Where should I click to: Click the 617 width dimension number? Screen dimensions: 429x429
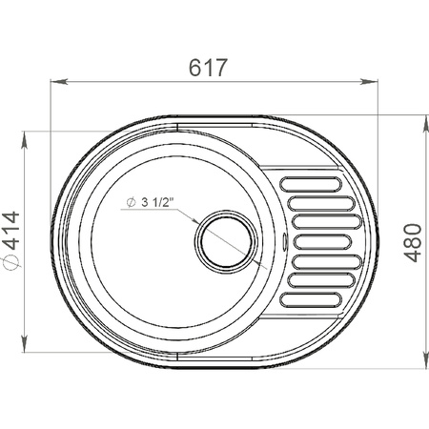pyautogui.click(x=209, y=68)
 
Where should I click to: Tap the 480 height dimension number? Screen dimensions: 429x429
pyautogui.click(x=413, y=243)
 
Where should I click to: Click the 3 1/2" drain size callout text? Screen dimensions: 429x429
pyautogui.click(x=158, y=202)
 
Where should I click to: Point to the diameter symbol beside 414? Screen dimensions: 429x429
pyautogui.click(x=10, y=261)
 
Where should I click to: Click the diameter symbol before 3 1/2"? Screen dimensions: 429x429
pyautogui.click(x=131, y=202)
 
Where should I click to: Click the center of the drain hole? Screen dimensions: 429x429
pyautogui.click(x=226, y=241)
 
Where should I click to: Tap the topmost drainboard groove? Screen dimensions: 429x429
pyautogui.click(x=311, y=184)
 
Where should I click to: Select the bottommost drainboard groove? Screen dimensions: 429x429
pyautogui.click(x=311, y=300)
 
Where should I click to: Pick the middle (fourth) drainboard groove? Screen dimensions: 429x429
pyautogui.click(x=322, y=242)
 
